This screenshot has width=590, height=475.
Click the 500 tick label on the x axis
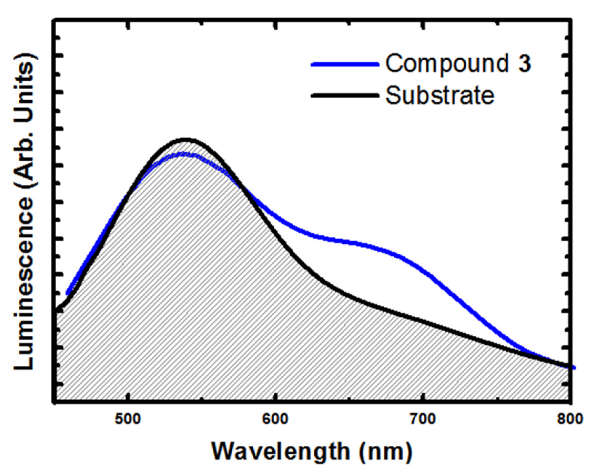click(127, 419)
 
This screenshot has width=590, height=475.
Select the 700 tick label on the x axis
click(423, 419)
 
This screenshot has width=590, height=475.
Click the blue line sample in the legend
click(344, 64)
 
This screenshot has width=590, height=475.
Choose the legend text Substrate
click(440, 95)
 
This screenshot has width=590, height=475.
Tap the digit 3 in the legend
click(524, 63)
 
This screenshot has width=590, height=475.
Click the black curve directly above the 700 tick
click(423, 320)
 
